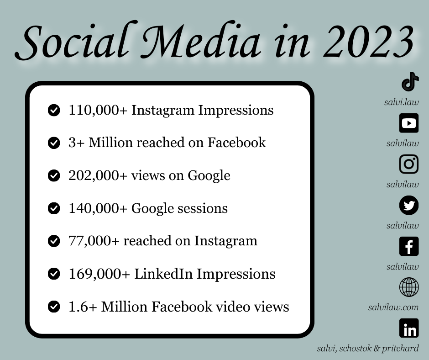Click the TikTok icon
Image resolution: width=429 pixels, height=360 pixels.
[409, 82]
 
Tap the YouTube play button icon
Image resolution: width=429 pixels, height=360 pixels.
[409, 123]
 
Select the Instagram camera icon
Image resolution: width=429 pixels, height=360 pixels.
[409, 164]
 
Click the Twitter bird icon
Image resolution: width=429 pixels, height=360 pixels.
[409, 205]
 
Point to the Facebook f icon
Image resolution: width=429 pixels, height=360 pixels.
[409, 246]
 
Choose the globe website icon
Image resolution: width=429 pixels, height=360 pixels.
[409, 287]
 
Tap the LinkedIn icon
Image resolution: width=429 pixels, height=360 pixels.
[409, 328]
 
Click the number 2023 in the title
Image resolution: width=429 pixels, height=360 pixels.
[368, 42]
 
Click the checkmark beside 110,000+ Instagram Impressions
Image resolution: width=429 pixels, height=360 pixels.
[54, 110]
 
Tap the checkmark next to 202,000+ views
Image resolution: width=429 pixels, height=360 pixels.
[54, 175]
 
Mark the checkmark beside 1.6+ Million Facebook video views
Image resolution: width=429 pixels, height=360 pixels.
[54, 307]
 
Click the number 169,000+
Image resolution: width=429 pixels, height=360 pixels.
[99, 274]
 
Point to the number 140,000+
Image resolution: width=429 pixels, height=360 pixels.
[98, 208]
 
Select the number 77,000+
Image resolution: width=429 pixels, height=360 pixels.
[94, 241]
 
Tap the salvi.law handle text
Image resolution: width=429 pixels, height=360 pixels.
[401, 102]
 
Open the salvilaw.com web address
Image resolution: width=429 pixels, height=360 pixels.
[393, 307]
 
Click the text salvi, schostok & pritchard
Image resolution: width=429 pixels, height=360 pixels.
[368, 349]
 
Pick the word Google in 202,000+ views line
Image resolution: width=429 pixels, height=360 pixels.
[209, 176]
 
